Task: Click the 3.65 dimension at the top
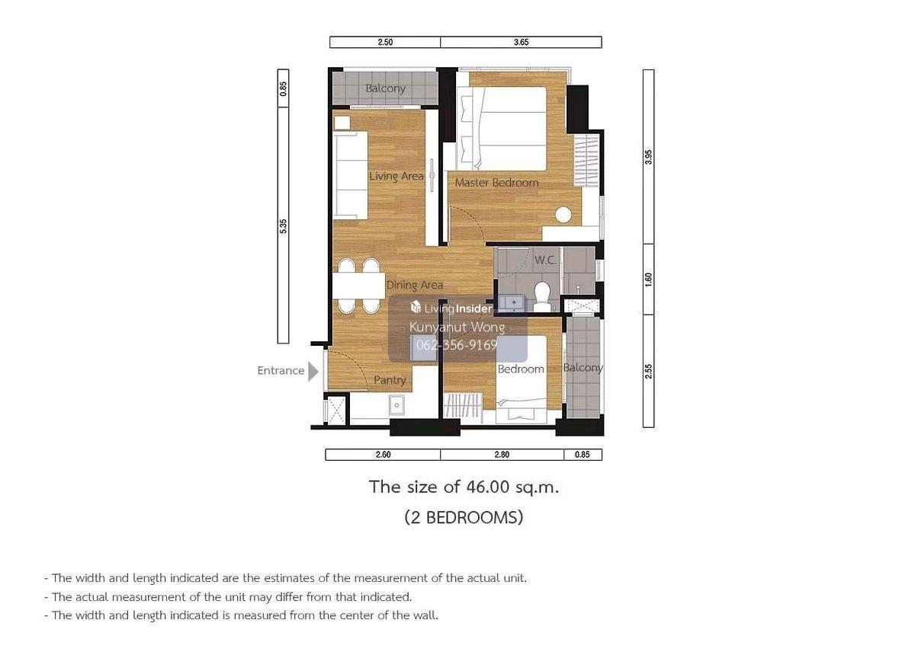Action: point(521,42)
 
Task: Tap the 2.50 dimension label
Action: point(385,42)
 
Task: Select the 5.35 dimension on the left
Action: point(283,226)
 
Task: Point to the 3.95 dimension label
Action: point(648,157)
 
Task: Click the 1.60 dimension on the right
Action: point(648,279)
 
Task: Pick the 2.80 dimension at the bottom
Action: point(502,455)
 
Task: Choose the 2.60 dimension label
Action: point(383,455)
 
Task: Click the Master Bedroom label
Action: point(496,183)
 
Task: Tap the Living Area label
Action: point(396,176)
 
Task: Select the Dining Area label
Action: point(415,285)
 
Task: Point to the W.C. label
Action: point(545,260)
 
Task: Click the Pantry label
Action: point(390,380)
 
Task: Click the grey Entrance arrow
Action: point(313,371)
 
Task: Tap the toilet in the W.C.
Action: point(542,296)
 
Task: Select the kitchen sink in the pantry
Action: point(396,405)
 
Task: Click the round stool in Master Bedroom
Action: point(563,215)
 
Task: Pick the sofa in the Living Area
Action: point(351,175)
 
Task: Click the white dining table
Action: point(359,285)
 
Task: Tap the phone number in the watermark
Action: point(457,345)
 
